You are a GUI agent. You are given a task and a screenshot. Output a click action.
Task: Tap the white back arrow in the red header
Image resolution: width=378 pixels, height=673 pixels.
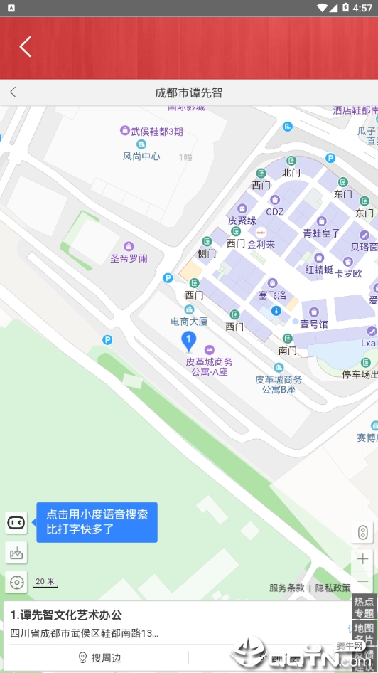26,47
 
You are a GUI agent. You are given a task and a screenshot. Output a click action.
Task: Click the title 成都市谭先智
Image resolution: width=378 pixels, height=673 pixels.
189,92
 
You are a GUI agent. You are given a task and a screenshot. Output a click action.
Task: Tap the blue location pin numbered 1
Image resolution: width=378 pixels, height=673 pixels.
188,341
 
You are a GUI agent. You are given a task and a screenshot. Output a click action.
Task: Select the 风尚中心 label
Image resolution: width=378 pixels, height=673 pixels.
141,156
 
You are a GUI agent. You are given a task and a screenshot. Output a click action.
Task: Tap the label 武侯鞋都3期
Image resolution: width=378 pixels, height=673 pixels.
156,131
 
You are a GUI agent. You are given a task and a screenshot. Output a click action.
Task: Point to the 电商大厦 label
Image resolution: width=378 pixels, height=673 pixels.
189,321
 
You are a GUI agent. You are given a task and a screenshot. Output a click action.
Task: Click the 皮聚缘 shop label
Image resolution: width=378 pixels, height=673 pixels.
242,221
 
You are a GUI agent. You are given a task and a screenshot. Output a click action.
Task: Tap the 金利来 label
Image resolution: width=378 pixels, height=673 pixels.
261,244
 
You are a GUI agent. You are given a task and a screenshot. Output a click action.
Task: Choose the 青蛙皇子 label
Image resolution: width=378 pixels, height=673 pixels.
321,233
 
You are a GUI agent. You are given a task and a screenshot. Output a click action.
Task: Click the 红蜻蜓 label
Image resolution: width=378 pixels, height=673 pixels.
319,269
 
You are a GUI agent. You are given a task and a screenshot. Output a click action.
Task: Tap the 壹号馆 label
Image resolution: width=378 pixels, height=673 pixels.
313,324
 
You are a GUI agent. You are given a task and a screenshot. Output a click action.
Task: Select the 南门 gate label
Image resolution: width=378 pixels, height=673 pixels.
288,350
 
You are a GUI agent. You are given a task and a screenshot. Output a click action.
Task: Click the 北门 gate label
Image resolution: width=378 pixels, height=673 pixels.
291,172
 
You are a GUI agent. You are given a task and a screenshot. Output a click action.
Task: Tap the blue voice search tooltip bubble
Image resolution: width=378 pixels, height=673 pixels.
97,522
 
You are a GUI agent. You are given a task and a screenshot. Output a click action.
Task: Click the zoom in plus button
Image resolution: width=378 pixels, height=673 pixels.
362,558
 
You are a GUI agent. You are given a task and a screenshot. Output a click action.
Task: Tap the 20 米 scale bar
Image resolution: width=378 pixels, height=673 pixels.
45,582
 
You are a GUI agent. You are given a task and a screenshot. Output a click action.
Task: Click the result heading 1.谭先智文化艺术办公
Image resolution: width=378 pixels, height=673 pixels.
67,615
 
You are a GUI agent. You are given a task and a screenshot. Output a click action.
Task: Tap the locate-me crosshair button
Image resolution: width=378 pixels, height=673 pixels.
16,582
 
